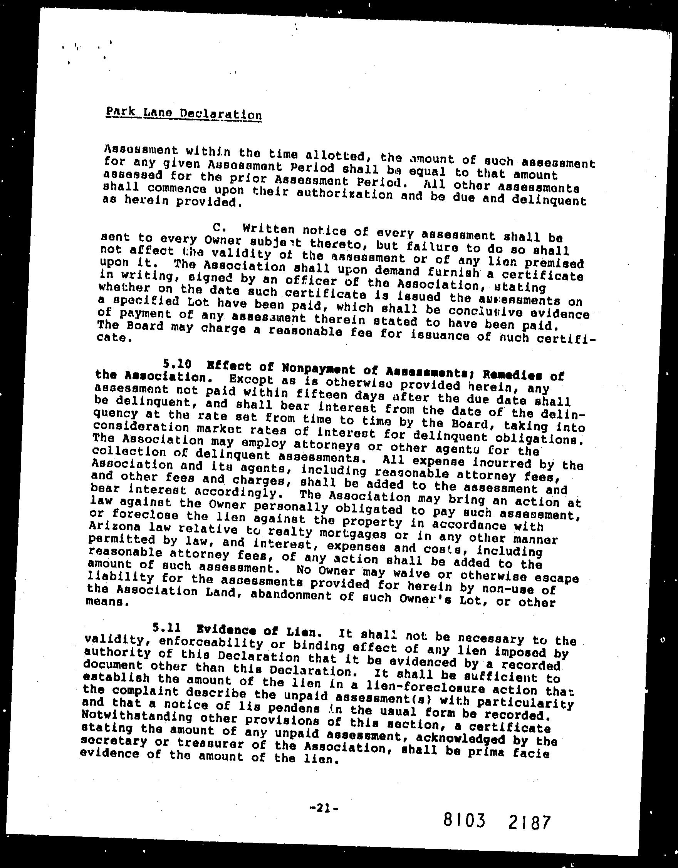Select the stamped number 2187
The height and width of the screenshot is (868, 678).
tap(529, 822)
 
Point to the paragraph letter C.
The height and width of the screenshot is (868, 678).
tap(217, 227)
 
